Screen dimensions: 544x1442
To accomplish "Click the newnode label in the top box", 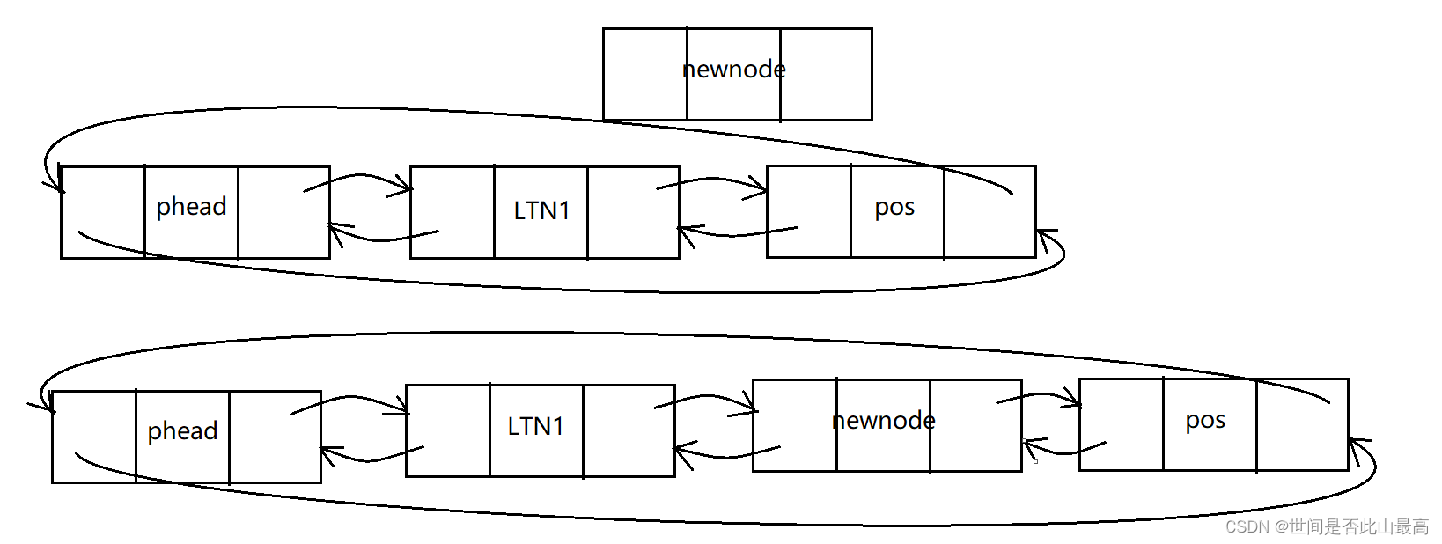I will [733, 70].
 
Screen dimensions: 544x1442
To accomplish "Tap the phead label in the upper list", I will [191, 207].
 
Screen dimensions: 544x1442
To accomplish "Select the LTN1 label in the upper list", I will [541, 211].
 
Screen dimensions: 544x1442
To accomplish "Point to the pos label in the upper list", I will [894, 208].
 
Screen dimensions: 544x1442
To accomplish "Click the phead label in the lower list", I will [182, 431].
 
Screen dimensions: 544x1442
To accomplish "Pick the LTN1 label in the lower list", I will [535, 427].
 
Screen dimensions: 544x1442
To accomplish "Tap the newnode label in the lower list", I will [883, 421].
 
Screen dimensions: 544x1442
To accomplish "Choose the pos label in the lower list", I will [1205, 421].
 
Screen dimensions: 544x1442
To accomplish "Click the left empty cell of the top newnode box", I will [644, 74].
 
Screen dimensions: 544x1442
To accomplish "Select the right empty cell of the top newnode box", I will [826, 74].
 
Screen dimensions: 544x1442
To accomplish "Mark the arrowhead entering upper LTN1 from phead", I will [406, 187].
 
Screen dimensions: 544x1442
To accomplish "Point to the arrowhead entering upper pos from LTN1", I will [761, 187].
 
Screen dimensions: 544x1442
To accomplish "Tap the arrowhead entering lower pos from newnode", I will [1075, 401].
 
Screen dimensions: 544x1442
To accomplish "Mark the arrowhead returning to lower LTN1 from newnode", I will [680, 451].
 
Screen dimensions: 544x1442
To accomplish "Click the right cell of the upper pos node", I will [990, 211].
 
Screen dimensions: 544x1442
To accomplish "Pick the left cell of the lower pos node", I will [1121, 425].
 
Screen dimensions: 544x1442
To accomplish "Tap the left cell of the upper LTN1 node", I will [452, 212].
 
